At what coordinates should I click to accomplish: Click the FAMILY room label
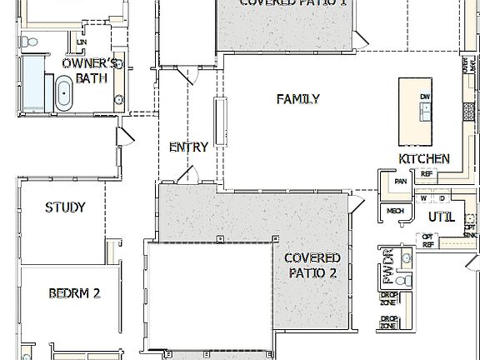(x=298, y=99)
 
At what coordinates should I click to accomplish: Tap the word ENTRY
(x=188, y=147)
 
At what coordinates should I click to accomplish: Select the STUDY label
(x=65, y=207)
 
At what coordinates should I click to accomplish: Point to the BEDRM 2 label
(x=74, y=293)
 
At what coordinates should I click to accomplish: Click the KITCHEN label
(x=424, y=159)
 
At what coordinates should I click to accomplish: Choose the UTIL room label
(x=441, y=217)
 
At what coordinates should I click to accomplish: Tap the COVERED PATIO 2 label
(x=312, y=265)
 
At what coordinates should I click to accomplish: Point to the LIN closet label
(x=81, y=41)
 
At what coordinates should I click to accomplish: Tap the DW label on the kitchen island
(x=425, y=98)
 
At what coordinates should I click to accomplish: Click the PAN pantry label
(x=401, y=180)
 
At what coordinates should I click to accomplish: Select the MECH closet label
(x=395, y=211)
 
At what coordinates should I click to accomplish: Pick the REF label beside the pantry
(x=426, y=174)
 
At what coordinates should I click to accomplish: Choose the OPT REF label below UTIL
(x=428, y=242)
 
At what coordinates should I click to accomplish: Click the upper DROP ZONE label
(x=388, y=297)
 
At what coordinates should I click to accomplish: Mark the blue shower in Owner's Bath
(x=34, y=82)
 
